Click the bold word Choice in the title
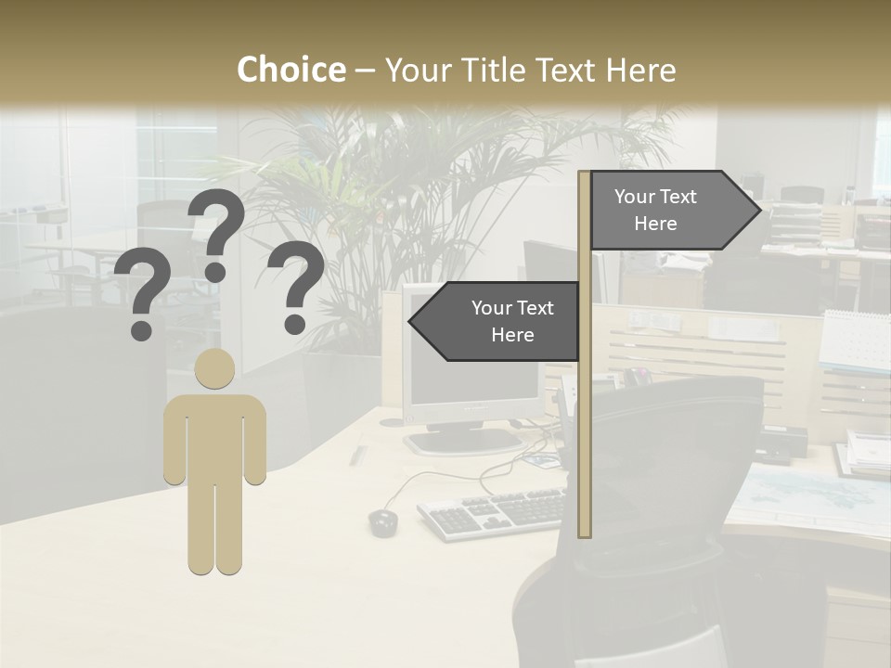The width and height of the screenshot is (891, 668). point(291,70)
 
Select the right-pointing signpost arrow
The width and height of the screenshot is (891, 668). point(672,210)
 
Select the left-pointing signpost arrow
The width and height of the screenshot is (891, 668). point(496,321)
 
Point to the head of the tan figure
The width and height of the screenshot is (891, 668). point(214,368)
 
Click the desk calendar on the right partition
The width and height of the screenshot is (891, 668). point(854,343)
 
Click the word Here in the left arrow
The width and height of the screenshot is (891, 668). point(512,335)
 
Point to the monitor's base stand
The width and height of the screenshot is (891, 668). point(464,440)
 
